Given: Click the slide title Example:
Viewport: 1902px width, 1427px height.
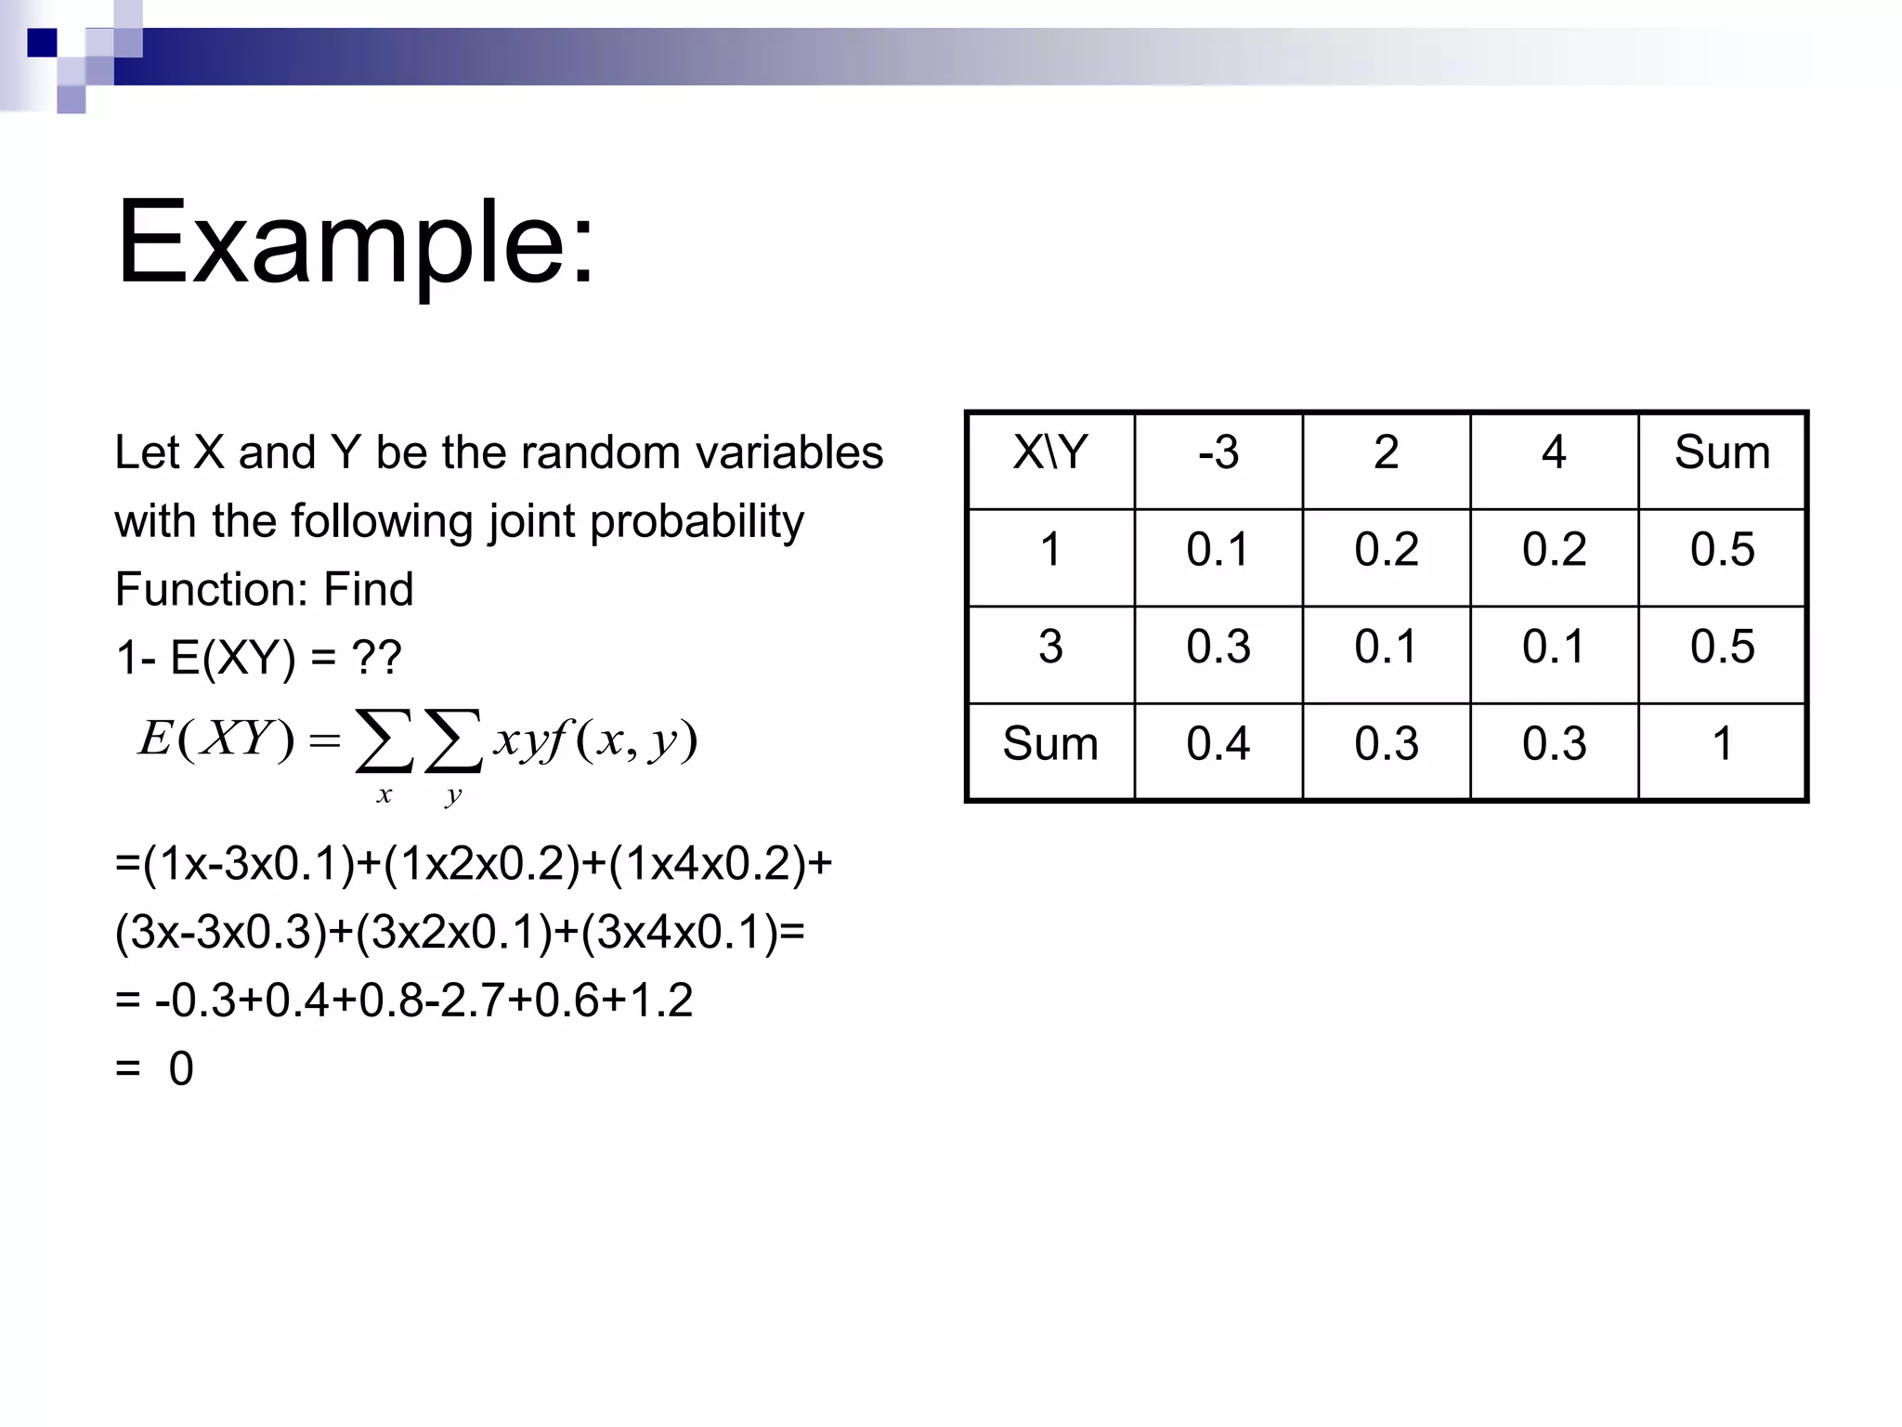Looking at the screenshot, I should coord(355,243).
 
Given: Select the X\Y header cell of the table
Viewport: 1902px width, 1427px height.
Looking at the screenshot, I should coord(1050,453).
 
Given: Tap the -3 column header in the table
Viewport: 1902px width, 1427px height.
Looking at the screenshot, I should coord(1218,453).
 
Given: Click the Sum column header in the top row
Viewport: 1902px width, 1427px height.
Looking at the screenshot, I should coord(1722,453).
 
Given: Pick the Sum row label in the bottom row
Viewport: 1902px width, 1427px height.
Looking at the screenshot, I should coord(1050,744).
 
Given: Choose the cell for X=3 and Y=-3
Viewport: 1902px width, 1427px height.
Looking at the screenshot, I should coord(1218,647).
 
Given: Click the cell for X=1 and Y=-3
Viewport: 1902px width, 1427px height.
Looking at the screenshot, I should coord(1218,550).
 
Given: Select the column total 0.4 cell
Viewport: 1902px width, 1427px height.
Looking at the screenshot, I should coord(1218,744).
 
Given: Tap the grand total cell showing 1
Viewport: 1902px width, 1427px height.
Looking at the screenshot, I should coord(1722,744).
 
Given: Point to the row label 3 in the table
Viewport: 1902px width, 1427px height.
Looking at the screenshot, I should coord(1050,647).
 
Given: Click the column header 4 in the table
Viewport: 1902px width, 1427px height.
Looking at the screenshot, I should coord(1554,453).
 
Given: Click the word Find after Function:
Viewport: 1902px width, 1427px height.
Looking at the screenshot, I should coord(368,590).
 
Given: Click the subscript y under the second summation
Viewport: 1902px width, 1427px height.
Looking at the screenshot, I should coord(453,795).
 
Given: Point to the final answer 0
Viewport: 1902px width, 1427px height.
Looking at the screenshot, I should coord(181,1069).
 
